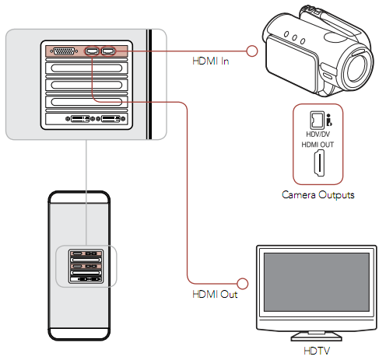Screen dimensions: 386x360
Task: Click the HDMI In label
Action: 210,61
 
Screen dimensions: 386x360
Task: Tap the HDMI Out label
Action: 215,294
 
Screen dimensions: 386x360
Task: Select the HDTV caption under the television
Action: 317,351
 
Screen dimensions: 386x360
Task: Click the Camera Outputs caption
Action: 318,195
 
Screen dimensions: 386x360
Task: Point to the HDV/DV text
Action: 318,135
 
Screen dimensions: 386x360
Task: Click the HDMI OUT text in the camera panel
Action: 318,145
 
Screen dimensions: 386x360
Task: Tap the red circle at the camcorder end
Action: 251,51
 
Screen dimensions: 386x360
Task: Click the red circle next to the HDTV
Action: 243,284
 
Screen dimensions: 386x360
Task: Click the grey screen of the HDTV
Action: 317,282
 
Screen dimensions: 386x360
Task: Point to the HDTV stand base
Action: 317,337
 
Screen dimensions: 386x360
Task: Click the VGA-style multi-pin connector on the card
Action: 64,51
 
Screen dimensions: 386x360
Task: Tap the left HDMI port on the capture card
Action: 92,51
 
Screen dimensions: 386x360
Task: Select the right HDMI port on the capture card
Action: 108,51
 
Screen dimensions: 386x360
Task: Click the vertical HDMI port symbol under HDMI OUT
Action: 319,163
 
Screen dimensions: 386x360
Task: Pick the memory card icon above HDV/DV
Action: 317,121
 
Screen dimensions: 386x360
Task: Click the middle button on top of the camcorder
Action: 294,38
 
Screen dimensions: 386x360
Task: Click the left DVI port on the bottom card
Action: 80,119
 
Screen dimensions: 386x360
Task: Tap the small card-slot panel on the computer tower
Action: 86,266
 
